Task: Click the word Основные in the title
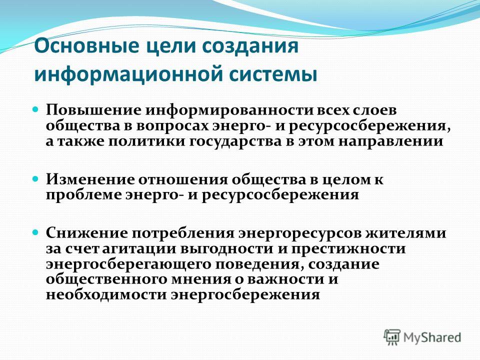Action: (x=87, y=46)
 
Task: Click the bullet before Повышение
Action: (x=35, y=109)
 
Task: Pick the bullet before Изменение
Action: (x=35, y=178)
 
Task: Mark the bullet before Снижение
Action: (x=35, y=232)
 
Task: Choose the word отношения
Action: (x=183, y=179)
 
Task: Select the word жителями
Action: (x=405, y=233)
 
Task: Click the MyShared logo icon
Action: (x=392, y=337)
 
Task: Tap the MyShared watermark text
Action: (x=432, y=337)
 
